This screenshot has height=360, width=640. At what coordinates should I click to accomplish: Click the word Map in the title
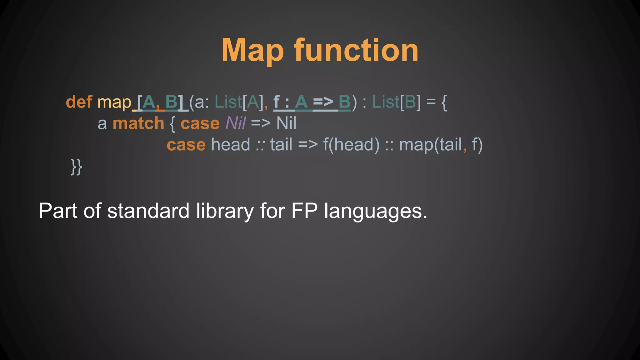click(252, 51)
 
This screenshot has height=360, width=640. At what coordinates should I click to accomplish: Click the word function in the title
click(356, 51)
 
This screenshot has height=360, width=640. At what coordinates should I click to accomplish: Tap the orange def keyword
click(79, 102)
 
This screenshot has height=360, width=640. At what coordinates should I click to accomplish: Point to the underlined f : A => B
click(312, 102)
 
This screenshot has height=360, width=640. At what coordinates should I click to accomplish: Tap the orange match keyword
click(138, 123)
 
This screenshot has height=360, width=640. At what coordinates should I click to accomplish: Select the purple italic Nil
click(236, 123)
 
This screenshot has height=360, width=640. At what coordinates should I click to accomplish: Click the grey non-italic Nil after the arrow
click(286, 123)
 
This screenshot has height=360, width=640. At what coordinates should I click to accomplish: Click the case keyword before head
click(186, 145)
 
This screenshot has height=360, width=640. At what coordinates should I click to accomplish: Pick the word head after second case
click(231, 145)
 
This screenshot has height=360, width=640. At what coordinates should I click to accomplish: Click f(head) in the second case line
click(351, 145)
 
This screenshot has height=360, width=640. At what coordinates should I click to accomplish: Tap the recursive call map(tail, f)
click(441, 145)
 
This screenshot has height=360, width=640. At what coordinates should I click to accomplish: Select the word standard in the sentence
click(148, 211)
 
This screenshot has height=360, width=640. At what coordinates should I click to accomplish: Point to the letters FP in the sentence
click(304, 211)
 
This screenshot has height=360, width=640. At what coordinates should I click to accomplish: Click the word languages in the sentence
click(375, 211)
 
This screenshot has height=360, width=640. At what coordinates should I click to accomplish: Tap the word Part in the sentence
click(58, 211)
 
